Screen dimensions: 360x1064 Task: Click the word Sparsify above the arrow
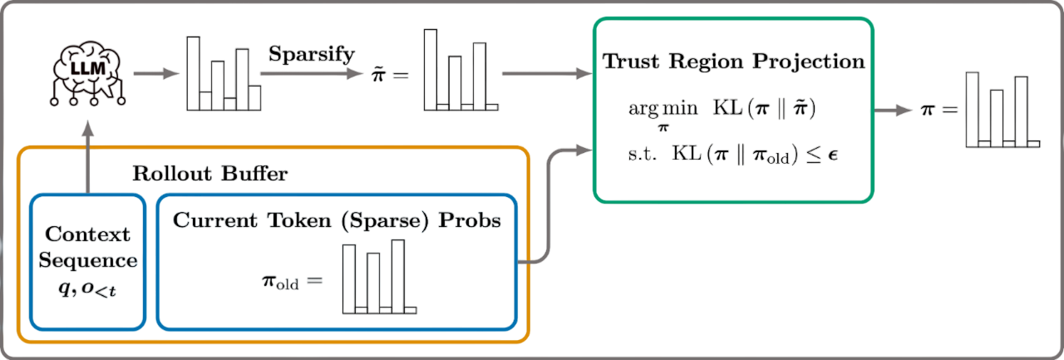312,54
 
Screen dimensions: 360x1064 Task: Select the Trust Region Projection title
732,62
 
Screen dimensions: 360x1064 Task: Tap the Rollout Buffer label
209,174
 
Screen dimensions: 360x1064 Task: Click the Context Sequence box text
90,247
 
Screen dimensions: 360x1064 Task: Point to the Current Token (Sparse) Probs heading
337,220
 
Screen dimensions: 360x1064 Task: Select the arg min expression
658,111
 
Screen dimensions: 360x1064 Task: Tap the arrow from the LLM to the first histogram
157,73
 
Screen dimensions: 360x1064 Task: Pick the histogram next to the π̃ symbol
461,72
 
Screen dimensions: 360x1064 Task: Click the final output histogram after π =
1002,110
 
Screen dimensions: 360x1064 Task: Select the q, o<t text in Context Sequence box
91,291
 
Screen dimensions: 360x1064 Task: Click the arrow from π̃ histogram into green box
544,74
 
